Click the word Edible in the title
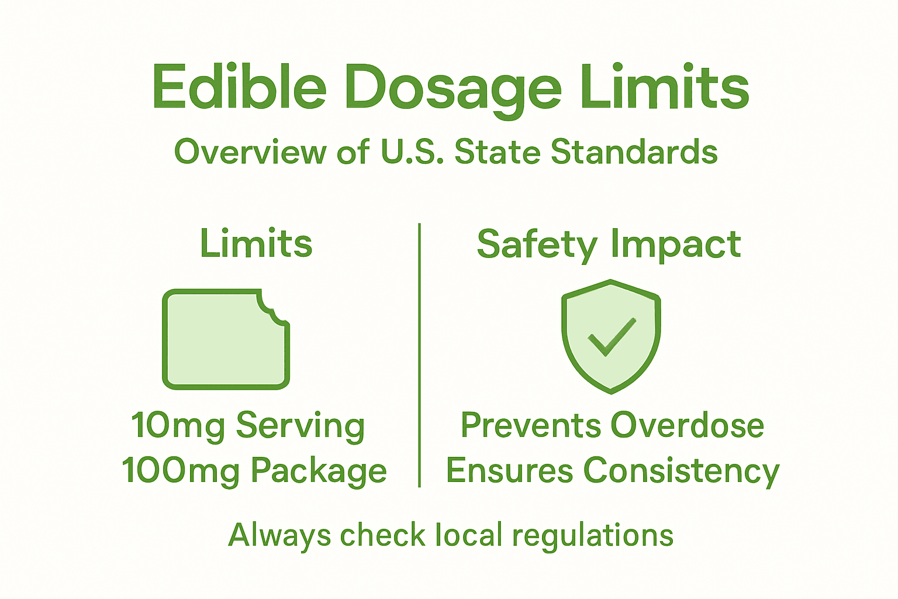(239, 88)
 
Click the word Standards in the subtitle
(634, 152)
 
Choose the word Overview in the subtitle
(250, 152)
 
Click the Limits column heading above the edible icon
(256, 243)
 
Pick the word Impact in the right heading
(676, 245)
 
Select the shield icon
(611, 336)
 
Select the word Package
(319, 471)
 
